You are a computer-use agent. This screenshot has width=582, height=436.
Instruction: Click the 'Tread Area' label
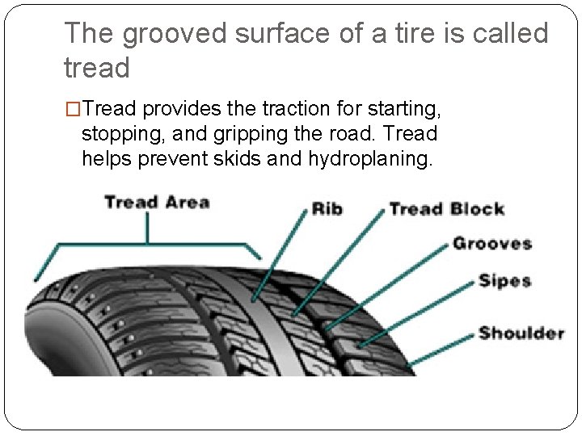click(x=157, y=202)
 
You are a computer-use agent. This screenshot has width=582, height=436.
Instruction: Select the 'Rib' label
click(x=327, y=209)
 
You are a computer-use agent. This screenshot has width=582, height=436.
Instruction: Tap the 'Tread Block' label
click(x=446, y=209)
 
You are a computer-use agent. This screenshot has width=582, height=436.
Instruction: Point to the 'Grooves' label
click(x=491, y=243)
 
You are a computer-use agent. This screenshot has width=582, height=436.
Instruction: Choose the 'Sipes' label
click(x=504, y=281)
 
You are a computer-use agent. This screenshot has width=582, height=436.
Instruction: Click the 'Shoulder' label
click(x=521, y=333)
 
